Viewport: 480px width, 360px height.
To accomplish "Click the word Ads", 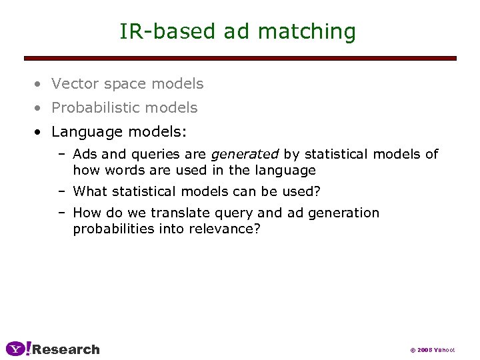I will coord(85,155).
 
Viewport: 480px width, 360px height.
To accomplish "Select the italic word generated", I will coord(244,155).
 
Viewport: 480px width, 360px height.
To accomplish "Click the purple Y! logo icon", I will coord(18,348).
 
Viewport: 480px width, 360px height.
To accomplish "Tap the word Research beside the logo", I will coord(66,349).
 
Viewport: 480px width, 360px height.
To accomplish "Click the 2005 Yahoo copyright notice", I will coord(432,350).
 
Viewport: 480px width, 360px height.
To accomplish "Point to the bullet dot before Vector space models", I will coord(41,85).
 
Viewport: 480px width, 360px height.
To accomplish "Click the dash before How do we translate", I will coord(61,213).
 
